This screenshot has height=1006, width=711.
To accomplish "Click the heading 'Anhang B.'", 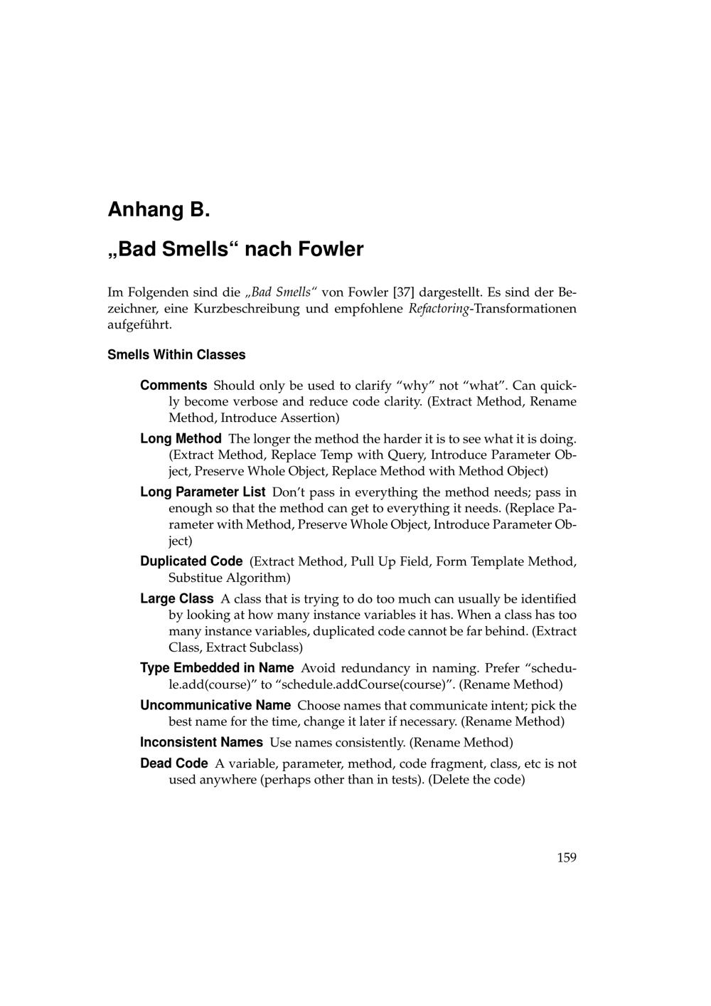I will [x=159, y=210].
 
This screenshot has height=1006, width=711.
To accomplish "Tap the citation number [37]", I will [x=403, y=292].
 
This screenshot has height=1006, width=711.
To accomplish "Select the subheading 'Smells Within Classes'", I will [x=176, y=354].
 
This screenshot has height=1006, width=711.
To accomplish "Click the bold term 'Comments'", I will [x=173, y=386].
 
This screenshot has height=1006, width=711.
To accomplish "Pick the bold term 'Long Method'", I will [x=181, y=439].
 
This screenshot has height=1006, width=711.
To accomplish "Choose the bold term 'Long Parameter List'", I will [x=203, y=492].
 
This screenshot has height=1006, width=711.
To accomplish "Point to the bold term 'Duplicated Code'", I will [x=191, y=561].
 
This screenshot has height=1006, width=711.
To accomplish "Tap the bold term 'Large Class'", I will [x=177, y=599].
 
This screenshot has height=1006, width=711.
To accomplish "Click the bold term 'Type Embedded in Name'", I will [x=217, y=668].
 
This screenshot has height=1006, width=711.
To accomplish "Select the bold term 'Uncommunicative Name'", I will [x=215, y=706].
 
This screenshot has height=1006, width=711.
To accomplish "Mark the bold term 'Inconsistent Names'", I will [x=201, y=743].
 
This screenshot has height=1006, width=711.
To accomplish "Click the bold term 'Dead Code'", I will [x=174, y=763].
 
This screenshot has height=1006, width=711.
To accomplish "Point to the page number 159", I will [x=566, y=857].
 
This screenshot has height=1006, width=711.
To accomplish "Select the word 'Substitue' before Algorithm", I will [x=196, y=578].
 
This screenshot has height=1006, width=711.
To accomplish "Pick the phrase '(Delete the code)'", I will [x=476, y=780].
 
